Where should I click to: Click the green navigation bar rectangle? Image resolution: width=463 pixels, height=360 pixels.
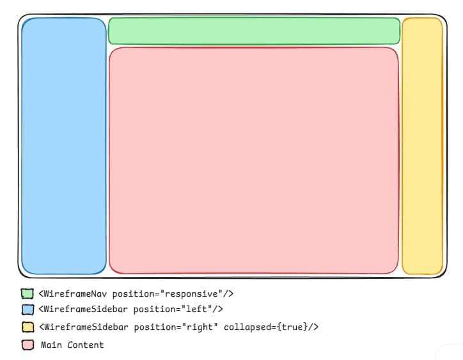click(x=254, y=31)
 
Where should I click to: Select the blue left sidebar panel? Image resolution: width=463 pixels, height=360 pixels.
click(x=64, y=146)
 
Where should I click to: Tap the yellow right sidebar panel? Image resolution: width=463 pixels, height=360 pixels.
click(x=422, y=146)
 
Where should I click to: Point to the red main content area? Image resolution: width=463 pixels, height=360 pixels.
click(x=254, y=160)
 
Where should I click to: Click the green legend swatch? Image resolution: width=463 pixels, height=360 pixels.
click(x=27, y=294)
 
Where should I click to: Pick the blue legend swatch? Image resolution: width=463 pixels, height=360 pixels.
click(x=27, y=309)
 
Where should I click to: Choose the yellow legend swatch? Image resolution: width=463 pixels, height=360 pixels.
click(x=27, y=327)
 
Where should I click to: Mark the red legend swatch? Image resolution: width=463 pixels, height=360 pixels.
click(x=27, y=345)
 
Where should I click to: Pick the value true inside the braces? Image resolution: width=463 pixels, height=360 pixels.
click(x=294, y=327)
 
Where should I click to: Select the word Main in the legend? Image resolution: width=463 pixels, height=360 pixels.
click(x=52, y=345)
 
